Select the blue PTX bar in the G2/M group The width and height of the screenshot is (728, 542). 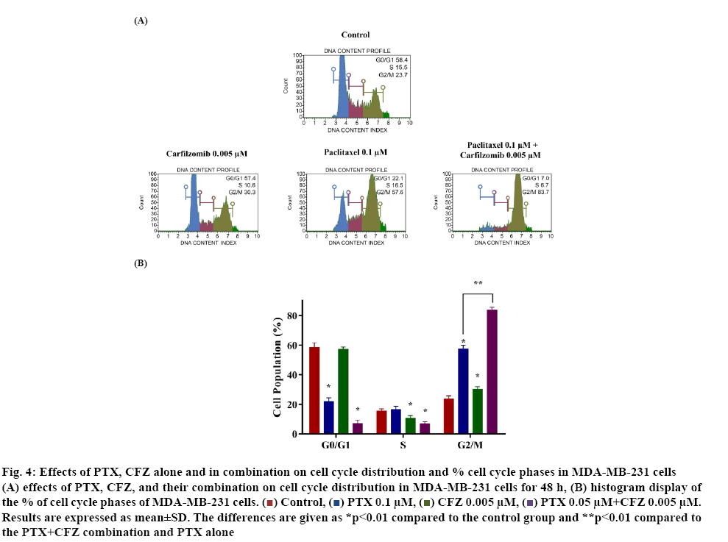coord(463,391)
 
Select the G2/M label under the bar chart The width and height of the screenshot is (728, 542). coord(469,446)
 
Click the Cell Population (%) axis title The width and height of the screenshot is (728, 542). coord(278,368)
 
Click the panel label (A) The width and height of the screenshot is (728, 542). coord(141,21)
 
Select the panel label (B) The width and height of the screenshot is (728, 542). coord(141,263)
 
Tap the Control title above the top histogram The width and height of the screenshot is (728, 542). coord(356,35)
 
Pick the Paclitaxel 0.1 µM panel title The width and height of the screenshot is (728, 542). coord(356,153)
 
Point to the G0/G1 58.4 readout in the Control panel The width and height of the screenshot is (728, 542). coord(392,60)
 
